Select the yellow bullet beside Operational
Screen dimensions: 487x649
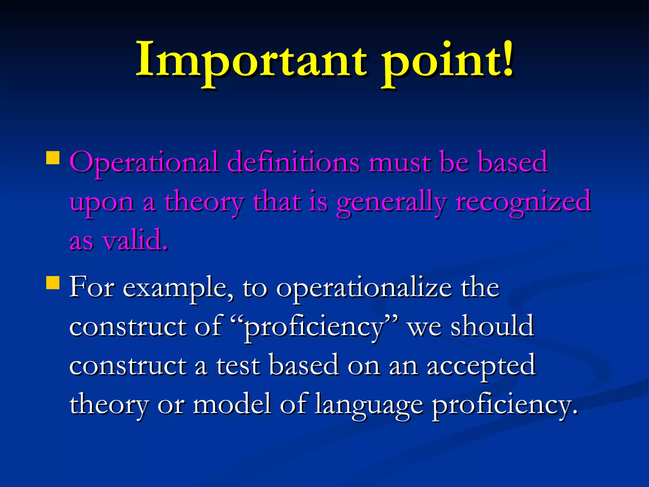(x=53, y=157)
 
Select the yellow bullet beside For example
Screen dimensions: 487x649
(x=53, y=282)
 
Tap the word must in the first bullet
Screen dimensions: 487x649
(x=400, y=163)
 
